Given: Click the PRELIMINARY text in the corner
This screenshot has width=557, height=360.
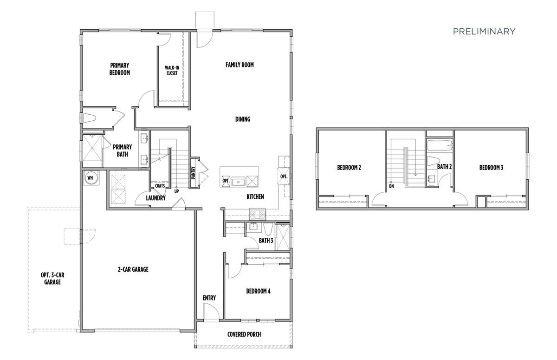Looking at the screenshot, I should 484,32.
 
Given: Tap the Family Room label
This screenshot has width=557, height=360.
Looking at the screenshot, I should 240,65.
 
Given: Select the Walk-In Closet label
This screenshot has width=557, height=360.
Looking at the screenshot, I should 172,70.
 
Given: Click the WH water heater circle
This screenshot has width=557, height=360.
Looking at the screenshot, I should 90,177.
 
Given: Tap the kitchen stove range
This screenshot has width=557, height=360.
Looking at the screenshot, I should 257,214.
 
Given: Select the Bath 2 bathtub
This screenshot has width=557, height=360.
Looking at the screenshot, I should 439,146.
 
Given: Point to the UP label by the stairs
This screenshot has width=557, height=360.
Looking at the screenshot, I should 176,191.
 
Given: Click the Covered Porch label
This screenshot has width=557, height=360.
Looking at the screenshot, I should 244,334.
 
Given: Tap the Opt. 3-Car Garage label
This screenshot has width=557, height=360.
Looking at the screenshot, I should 52,278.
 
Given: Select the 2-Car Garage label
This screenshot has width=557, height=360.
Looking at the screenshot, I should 133,269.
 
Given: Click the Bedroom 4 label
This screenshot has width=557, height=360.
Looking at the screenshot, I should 258,291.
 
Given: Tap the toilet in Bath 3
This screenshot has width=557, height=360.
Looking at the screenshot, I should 268,228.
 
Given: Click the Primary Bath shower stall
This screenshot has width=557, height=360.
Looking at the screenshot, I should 93,149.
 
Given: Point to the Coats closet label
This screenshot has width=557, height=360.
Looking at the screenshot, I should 160,185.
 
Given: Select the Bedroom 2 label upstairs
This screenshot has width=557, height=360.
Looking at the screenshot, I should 349,168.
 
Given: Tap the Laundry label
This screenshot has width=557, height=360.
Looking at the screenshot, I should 155,198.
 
